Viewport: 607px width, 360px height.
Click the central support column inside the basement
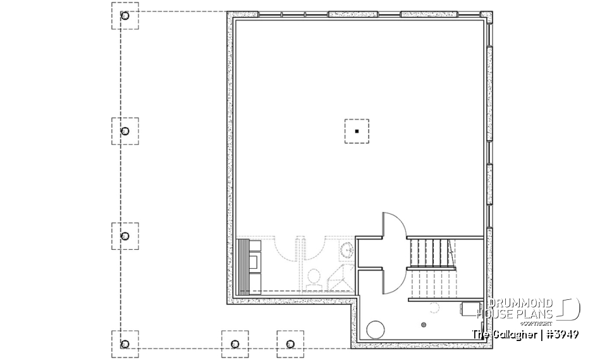coord(357,131)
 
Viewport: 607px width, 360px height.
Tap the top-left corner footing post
coord(125,16)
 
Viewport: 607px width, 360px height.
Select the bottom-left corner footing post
coord(125,344)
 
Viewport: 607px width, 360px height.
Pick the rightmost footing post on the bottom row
coord(290,344)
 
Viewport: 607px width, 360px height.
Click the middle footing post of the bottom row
coord(235,344)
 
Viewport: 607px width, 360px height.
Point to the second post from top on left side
coord(125,131)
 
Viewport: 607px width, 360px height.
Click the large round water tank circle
coord(376,330)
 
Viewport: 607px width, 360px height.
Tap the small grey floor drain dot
coord(424,325)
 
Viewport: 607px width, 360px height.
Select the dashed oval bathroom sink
coord(347,251)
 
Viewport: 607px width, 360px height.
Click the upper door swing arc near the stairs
coord(398,225)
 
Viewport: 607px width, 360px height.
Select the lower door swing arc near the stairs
coord(398,280)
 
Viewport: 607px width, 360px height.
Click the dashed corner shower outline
coord(336,276)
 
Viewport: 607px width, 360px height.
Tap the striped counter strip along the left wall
coord(242,266)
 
